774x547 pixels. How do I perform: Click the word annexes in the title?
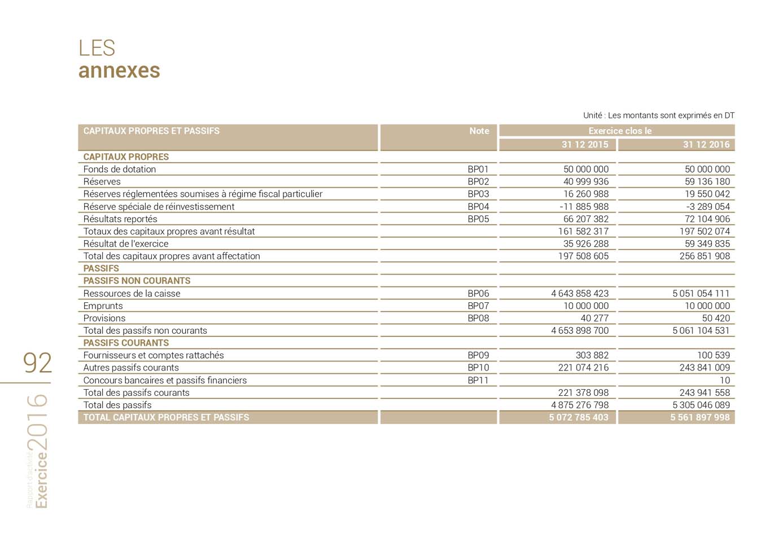pyautogui.click(x=119, y=71)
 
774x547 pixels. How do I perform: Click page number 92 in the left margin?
pyautogui.click(x=37, y=363)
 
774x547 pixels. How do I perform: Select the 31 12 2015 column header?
pyautogui.click(x=584, y=145)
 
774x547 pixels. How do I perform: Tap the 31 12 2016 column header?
pyautogui.click(x=706, y=145)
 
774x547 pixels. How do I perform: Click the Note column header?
pyautogui.click(x=479, y=131)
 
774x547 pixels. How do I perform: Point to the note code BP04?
pyautogui.click(x=478, y=206)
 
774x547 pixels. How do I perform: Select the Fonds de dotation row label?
pyautogui.click(x=120, y=169)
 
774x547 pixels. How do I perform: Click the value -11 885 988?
pyautogui.click(x=584, y=206)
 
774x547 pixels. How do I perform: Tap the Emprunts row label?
pyautogui.click(x=103, y=306)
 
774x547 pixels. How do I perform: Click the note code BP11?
pyautogui.click(x=478, y=380)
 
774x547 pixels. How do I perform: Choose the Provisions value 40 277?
pyautogui.click(x=594, y=318)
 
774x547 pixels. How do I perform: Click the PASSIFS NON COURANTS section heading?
pyautogui.click(x=137, y=281)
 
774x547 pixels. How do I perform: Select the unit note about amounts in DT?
pyautogui.click(x=658, y=116)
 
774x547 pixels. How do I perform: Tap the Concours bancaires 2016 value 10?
pyautogui.click(x=724, y=380)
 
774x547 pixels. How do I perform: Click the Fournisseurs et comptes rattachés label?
pyautogui.click(x=154, y=355)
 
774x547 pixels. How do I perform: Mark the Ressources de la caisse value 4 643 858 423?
pyautogui.click(x=580, y=293)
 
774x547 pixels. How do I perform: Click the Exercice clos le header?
pyautogui.click(x=619, y=131)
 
